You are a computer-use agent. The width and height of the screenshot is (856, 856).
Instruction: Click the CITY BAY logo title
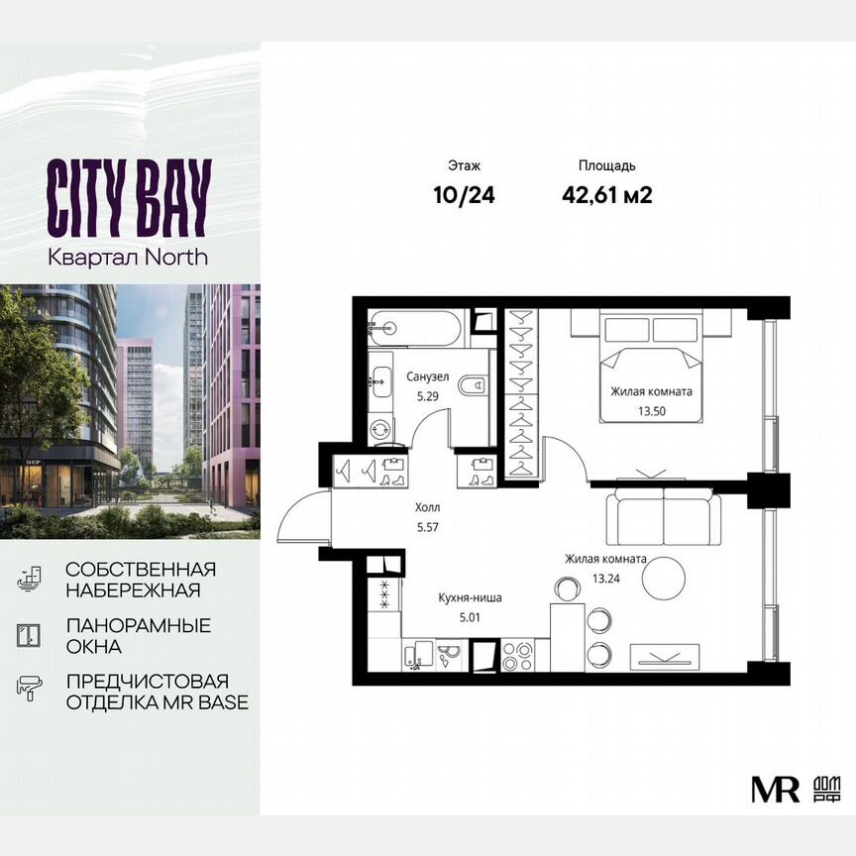pos(129,197)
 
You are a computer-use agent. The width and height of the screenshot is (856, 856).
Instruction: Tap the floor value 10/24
pos(464,195)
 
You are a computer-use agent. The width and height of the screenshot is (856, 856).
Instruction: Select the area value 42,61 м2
pos(606,195)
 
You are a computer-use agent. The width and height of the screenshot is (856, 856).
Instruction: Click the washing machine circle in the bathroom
pos(381,429)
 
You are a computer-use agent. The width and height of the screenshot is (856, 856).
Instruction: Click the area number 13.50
pos(650,407)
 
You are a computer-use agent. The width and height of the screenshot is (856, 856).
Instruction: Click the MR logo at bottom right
pos(775,788)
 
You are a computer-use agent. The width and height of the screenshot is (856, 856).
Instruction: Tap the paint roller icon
pos(29,686)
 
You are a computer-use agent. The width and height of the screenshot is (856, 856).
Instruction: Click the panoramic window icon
pos(29,635)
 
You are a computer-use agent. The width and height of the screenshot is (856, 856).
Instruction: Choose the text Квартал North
pos(129,257)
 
